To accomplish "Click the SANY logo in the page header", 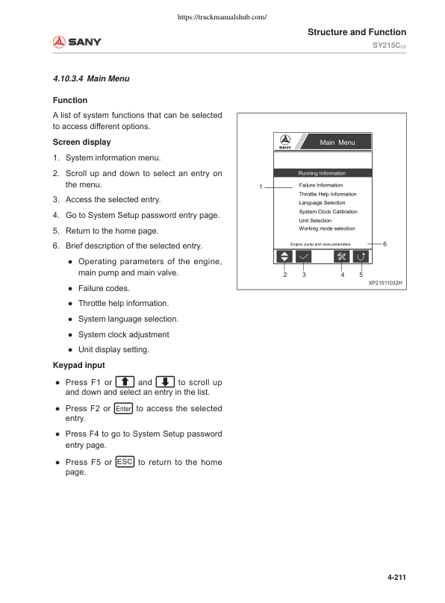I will tap(77, 42).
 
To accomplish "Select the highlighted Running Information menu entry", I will tap(322, 173).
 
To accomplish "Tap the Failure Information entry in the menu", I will tap(320, 185).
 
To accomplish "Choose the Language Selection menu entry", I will tap(322, 203).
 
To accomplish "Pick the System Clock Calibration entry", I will tap(328, 212).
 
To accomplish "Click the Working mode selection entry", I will tap(327, 229).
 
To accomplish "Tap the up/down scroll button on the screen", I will tap(284, 256).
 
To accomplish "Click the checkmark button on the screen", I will tap(304, 256).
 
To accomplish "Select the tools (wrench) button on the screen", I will tap(342, 256).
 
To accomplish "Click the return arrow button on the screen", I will tap(361, 256).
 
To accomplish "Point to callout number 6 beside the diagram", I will tap(384, 244).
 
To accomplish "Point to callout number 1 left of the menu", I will tap(261, 186).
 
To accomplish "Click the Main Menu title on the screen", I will tap(337, 143).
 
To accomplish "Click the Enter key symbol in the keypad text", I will tap(123, 409).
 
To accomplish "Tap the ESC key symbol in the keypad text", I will tap(125, 462).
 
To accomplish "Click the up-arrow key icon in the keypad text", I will tap(125, 383).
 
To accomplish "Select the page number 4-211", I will tap(396, 577).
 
